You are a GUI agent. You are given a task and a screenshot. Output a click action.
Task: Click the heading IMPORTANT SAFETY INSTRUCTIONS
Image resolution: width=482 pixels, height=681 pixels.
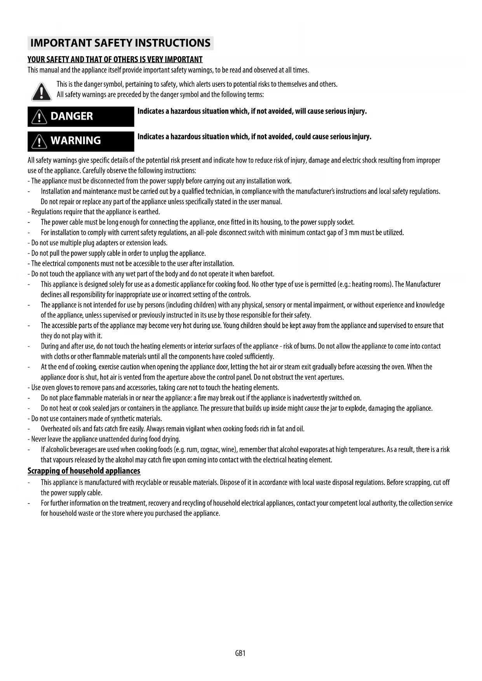pyautogui.click(x=120, y=43)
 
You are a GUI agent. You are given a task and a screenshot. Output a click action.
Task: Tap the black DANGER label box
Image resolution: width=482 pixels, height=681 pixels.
pyautogui.click(x=81, y=116)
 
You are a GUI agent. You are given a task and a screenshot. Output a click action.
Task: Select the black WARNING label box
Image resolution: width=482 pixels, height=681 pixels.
pyautogui.click(x=81, y=141)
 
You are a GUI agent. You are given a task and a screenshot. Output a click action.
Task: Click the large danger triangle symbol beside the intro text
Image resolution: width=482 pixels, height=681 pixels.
pyautogui.click(x=41, y=92)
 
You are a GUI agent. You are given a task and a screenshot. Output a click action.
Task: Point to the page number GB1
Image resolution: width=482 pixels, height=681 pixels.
pyautogui.click(x=240, y=653)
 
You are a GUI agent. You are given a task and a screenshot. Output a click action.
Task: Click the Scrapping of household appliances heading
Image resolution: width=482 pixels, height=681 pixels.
pyautogui.click(x=84, y=471)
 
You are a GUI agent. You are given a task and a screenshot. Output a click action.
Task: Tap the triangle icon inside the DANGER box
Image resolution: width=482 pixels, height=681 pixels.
pyautogui.click(x=39, y=116)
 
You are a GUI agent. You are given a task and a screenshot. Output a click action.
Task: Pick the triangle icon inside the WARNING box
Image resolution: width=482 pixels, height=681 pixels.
pyautogui.click(x=39, y=141)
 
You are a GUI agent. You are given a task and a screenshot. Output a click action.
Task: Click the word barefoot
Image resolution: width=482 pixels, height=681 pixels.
pyautogui.click(x=262, y=274)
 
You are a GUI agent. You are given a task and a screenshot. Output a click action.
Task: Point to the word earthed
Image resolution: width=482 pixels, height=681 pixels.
pyautogui.click(x=149, y=212)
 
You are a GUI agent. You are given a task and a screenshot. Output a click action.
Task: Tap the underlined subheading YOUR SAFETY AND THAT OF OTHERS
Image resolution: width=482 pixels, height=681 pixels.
pyautogui.click(x=115, y=59)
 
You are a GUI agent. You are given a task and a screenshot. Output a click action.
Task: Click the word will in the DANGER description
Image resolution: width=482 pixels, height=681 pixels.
pyautogui.click(x=300, y=111)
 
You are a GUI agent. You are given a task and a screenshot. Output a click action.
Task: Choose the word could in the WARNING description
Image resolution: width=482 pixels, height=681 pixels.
pyautogui.click(x=300, y=137)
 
